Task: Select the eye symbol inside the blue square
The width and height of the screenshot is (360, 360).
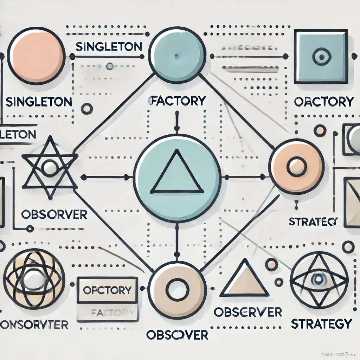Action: pyautogui.click(x=321, y=56)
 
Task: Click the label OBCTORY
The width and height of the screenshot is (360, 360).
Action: pyautogui.click(x=323, y=102)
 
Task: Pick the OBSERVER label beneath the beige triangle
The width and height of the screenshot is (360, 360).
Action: pyautogui.click(x=247, y=311)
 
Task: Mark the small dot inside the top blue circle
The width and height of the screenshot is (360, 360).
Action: pyautogui.click(x=176, y=56)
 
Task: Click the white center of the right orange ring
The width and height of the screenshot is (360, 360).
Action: pyautogui.click(x=296, y=167)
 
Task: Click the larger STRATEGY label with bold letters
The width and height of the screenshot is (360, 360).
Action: pyautogui.click(x=322, y=323)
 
